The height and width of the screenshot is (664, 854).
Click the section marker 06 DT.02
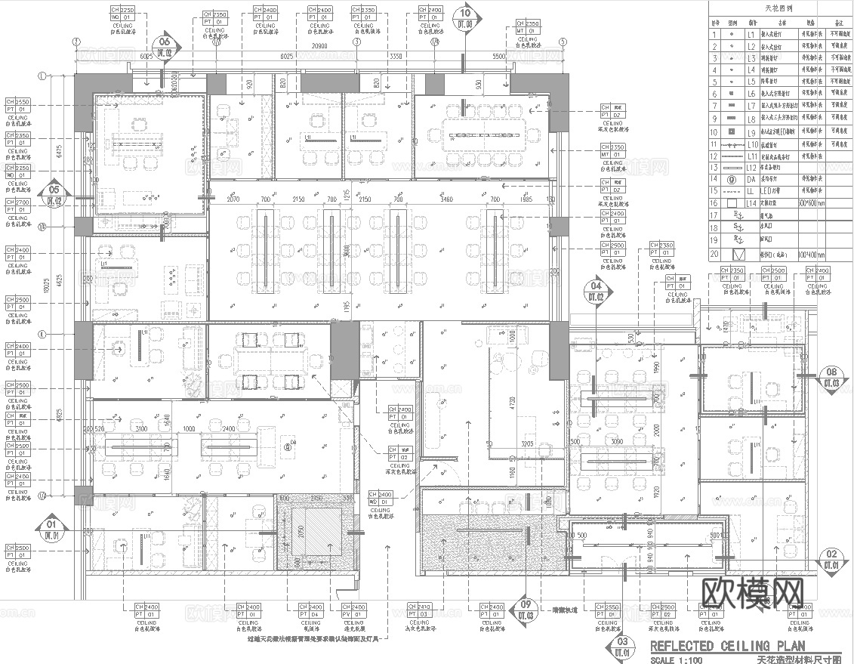pyautogui.click(x=165, y=47)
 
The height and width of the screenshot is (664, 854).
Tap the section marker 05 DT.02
pyautogui.click(x=54, y=195)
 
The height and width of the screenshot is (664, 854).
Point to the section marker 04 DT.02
pyautogui.click(x=597, y=291)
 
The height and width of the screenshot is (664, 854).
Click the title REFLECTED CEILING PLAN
pyautogui.click(x=727, y=646)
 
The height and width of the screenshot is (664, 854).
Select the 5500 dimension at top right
pyautogui.click(x=498, y=57)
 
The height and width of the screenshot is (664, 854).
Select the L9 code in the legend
pyautogui.click(x=751, y=132)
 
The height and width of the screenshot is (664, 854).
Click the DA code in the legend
pyautogui.click(x=751, y=180)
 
